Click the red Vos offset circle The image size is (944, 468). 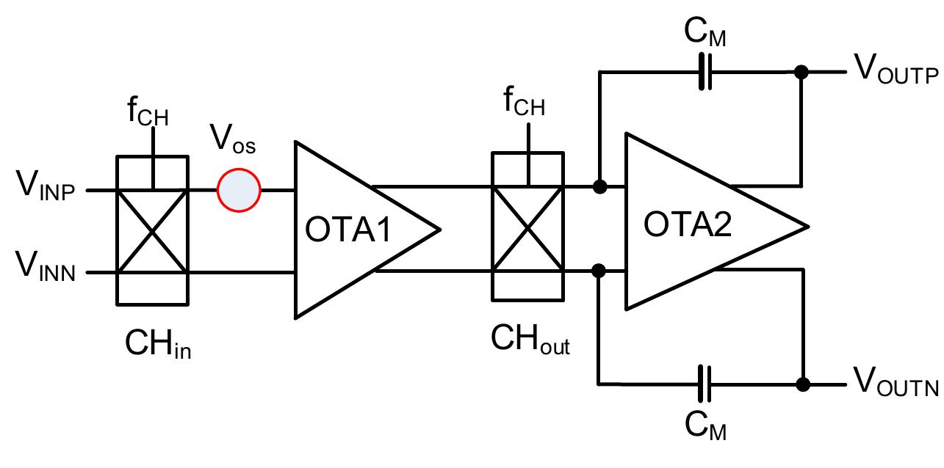239,191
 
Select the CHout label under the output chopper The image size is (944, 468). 530,342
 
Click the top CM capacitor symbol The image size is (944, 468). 705,72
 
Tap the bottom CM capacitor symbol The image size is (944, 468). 705,384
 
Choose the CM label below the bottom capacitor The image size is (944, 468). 705,426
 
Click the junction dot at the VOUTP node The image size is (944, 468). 801,72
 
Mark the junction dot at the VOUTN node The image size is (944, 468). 803,384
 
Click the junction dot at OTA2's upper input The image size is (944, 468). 599,187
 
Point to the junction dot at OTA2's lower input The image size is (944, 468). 599,271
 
